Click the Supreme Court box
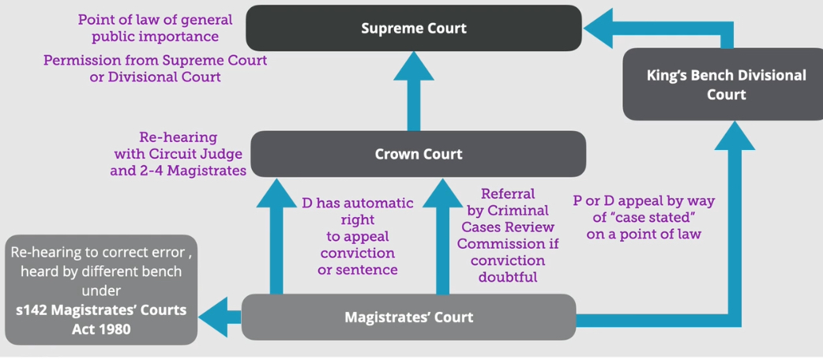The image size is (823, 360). [x=413, y=28]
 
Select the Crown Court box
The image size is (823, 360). [x=418, y=154]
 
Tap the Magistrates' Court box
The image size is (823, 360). [x=408, y=317]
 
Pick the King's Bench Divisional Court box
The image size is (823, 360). [x=726, y=84]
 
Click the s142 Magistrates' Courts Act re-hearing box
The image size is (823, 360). [x=100, y=290]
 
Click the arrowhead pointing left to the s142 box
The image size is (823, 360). [x=212, y=317]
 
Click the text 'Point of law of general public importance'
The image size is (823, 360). [x=154, y=28]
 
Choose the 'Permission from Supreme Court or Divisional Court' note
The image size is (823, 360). [x=155, y=69]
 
